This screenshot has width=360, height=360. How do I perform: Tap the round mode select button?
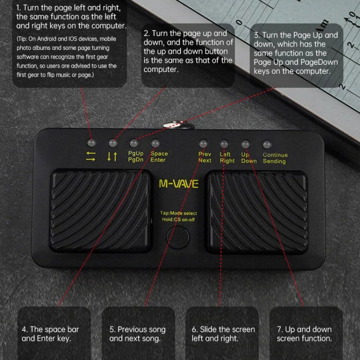(x=178, y=236)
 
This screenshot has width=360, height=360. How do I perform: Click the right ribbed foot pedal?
(x=257, y=211)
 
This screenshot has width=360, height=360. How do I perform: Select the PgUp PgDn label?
(x=135, y=157)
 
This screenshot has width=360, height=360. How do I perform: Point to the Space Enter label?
(x=159, y=157)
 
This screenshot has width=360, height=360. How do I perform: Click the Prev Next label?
(x=205, y=157)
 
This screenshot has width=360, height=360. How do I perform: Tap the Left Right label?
(x=227, y=157)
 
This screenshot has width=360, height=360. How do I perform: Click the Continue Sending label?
(x=275, y=158)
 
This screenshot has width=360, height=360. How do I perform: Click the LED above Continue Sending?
(x=267, y=144)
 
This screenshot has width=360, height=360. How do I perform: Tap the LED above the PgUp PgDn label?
(x=134, y=143)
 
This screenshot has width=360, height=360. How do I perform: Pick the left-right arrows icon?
(x=91, y=156)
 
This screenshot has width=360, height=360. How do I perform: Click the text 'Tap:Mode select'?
(x=179, y=213)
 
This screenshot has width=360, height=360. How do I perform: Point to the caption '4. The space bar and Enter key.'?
(x=50, y=334)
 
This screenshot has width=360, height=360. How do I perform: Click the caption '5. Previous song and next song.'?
(x=137, y=334)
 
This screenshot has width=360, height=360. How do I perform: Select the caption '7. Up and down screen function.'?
(x=304, y=334)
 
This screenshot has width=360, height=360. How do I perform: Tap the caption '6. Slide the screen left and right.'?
(x=223, y=334)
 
